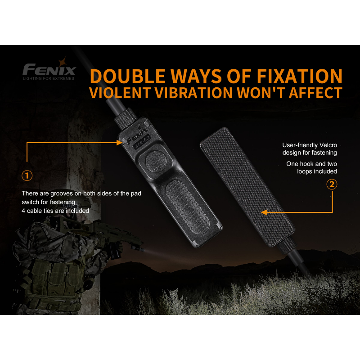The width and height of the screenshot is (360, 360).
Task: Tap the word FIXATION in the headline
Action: pyautogui.click(x=299, y=76)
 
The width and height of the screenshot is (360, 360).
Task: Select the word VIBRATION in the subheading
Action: pyautogui.click(x=193, y=93)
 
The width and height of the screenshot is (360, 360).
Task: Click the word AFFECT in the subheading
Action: pyautogui.click(x=315, y=93)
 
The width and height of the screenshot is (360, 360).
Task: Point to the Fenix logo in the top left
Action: pyautogui.click(x=49, y=69)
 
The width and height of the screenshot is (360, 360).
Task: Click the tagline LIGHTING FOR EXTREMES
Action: pyautogui.click(x=49, y=78)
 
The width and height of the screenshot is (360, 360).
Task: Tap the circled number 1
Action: pyautogui.click(x=27, y=175)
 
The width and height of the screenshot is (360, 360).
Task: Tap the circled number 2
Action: pyautogui.click(x=332, y=184)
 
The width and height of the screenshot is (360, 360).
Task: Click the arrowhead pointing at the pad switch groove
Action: pyautogui.click(x=119, y=143)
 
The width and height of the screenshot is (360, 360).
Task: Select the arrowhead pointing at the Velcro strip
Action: pyautogui.click(x=264, y=212)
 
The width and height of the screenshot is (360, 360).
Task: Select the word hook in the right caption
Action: pyautogui.click(x=307, y=164)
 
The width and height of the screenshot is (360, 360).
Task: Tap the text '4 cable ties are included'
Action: pyautogui.click(x=55, y=211)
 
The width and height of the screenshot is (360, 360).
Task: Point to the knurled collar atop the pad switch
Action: pyautogui.click(x=126, y=118)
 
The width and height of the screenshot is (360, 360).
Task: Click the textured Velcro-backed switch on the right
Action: pyautogui.click(x=247, y=187)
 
